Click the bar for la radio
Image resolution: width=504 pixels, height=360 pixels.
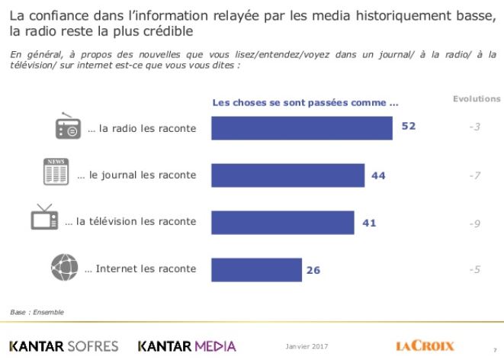[301, 128]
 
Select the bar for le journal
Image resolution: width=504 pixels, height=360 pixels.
[287, 175]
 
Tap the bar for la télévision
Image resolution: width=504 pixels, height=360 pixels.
[282, 222]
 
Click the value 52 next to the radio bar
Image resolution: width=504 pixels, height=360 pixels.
[409, 127]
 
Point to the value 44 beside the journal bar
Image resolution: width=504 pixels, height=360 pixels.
[379, 175]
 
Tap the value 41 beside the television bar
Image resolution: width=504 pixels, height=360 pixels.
[369, 222]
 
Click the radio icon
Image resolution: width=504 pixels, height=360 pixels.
[68, 127]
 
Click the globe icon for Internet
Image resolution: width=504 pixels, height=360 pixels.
[63, 267]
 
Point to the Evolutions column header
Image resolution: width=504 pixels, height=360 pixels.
[477, 99]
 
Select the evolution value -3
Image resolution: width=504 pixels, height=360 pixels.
[474, 127]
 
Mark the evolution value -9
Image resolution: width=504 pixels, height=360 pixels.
[474, 224]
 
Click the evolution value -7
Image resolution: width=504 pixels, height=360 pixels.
[474, 175]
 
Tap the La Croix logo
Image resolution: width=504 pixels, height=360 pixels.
[425, 346]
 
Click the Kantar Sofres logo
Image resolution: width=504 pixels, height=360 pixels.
[63, 346]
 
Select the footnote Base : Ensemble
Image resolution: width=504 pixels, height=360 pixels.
[37, 312]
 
